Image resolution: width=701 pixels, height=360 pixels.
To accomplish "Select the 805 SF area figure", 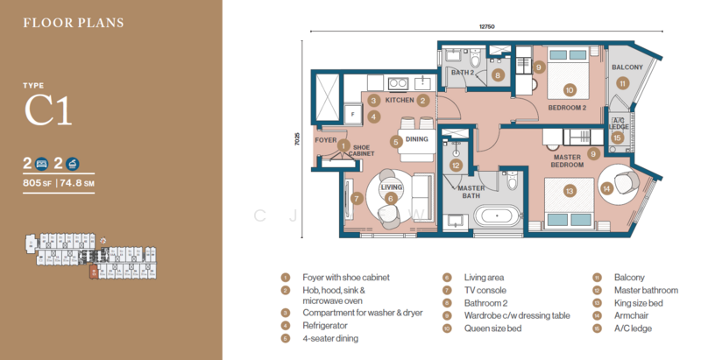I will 39,183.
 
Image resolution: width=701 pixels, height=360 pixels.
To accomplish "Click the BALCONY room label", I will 627,67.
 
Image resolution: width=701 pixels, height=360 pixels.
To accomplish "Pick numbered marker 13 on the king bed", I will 569,190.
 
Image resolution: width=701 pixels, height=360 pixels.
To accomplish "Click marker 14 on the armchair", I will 607,187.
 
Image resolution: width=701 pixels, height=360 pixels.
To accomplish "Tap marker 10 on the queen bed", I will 569,89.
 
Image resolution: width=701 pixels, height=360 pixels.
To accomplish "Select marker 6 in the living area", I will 391,199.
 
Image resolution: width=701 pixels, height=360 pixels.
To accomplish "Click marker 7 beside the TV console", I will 357,198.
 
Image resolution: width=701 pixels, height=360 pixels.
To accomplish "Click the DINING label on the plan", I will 416,140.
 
